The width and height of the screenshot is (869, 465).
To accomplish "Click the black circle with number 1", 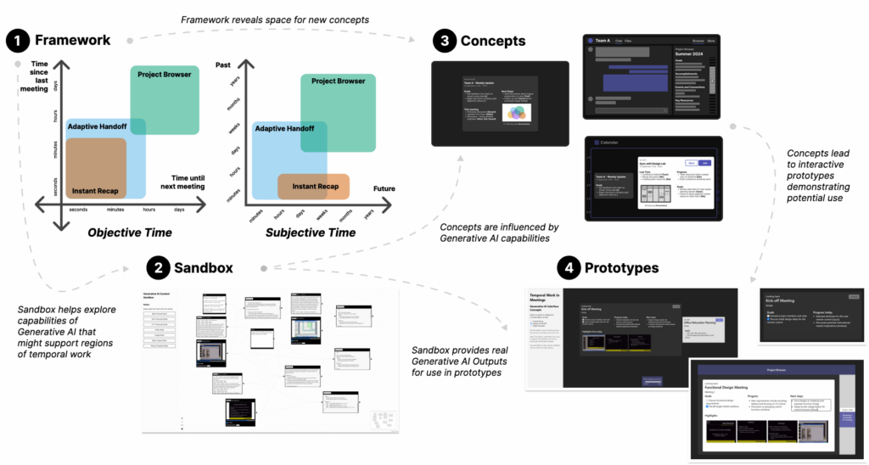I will click(x=19, y=40).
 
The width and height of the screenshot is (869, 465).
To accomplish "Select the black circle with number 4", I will click(x=569, y=268).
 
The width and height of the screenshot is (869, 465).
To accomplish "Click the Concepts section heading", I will click(x=493, y=41).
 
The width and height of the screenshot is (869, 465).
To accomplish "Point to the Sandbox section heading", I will click(x=204, y=268).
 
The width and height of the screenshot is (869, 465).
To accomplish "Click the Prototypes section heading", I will click(x=620, y=268).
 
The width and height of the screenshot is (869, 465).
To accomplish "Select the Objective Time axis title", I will click(x=132, y=232).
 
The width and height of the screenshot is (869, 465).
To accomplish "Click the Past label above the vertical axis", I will click(x=223, y=64).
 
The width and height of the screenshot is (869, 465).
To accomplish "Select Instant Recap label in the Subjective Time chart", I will click(x=316, y=186).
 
